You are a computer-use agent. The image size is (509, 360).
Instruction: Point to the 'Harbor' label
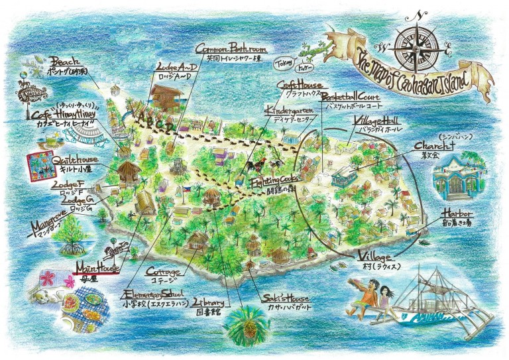pos(456,214)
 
